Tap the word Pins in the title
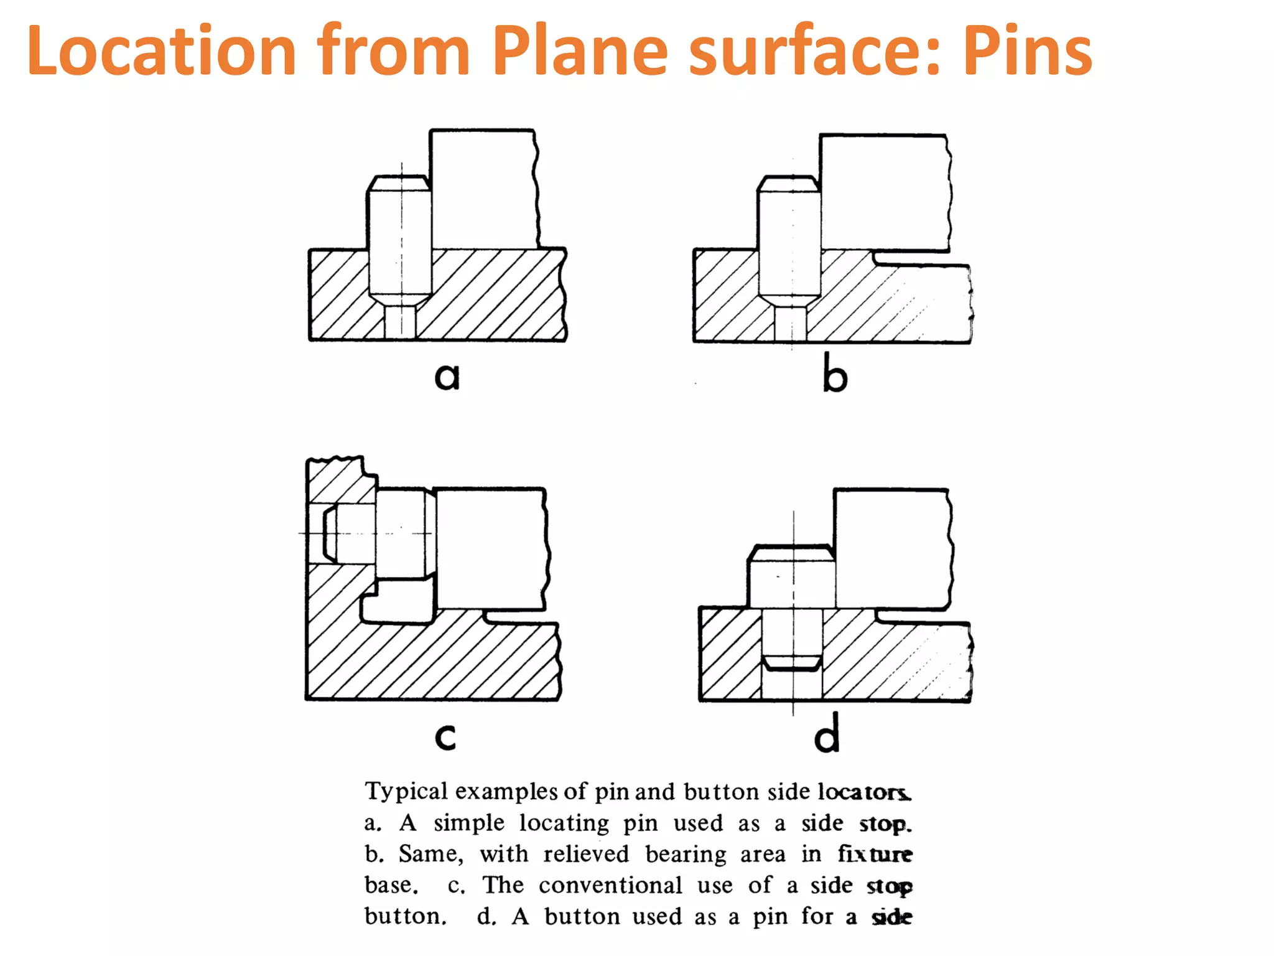[x=1028, y=51]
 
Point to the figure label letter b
[x=835, y=373]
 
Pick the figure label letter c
[x=445, y=736]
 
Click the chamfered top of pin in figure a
[x=398, y=184]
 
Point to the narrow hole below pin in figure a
[x=400, y=322]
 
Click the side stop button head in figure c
[x=404, y=534]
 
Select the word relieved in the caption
[x=586, y=854]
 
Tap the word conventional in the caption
[x=610, y=885]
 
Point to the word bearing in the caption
[x=686, y=855]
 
